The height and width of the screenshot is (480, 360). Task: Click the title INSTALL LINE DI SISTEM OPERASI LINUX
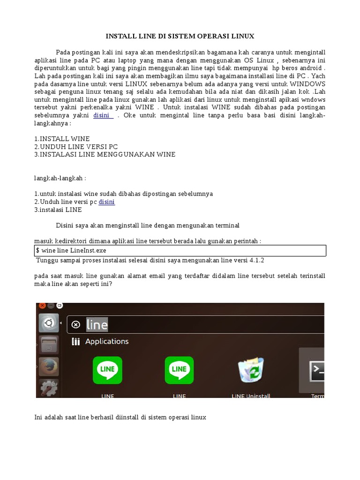click(180, 36)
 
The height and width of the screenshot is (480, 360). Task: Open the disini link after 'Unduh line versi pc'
click(106, 202)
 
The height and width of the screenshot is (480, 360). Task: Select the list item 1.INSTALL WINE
click(62, 139)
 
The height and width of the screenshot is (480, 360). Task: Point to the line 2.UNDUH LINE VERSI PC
click(76, 147)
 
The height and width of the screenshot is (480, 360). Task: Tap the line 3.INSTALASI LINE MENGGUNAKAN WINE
click(105, 154)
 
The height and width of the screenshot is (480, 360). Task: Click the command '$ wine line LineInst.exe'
click(71, 251)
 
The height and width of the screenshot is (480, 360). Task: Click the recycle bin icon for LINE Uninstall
click(251, 370)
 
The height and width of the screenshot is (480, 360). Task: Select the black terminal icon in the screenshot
click(317, 370)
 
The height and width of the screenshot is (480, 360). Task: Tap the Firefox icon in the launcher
click(48, 367)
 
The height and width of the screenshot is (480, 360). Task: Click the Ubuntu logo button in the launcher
click(48, 323)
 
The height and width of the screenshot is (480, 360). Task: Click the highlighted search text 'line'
click(97, 324)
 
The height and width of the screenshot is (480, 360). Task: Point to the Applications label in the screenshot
click(107, 341)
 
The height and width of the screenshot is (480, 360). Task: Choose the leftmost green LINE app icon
click(107, 370)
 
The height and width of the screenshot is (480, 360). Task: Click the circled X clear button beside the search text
click(75, 324)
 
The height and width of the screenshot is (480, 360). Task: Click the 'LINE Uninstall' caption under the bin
click(251, 396)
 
